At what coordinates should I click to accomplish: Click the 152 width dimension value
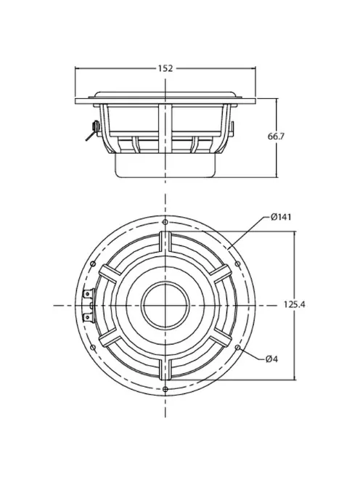click(165, 68)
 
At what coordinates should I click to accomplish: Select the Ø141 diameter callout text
click(281, 217)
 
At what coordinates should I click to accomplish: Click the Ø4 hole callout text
click(273, 358)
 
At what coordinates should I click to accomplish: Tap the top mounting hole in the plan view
click(166, 221)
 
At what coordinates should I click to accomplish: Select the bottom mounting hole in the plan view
click(166, 390)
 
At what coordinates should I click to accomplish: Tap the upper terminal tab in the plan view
click(89, 296)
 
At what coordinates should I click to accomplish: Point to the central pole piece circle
click(166, 306)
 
